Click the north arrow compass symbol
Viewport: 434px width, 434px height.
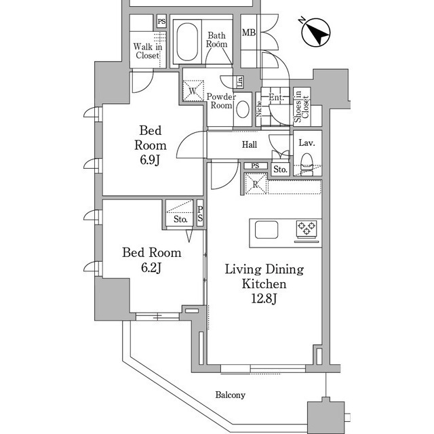coord(316,33)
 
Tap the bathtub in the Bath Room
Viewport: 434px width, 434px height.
coord(187,42)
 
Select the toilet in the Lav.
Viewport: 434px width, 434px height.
coord(307,164)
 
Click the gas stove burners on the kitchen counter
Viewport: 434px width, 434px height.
coord(307,229)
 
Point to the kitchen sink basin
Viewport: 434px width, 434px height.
coord(267,229)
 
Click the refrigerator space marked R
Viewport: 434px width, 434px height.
coord(256,184)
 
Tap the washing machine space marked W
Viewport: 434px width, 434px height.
coord(193,90)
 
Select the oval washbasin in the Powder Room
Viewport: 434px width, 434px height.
coord(243,109)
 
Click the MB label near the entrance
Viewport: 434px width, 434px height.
coord(249,33)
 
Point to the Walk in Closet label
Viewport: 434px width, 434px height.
coord(148,51)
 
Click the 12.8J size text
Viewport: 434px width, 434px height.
coord(264,299)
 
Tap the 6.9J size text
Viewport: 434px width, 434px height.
coord(150,160)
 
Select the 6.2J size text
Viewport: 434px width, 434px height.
coord(151,268)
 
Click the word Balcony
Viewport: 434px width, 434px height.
coord(231,395)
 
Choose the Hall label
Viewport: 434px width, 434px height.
coord(250,144)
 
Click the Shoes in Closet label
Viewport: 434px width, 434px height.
coord(301,107)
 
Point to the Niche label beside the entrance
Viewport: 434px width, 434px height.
coord(259,108)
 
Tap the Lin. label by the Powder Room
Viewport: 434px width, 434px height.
coord(240,82)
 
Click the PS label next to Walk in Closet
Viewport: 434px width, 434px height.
coord(161,22)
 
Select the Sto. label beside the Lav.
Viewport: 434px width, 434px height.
coord(280,170)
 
